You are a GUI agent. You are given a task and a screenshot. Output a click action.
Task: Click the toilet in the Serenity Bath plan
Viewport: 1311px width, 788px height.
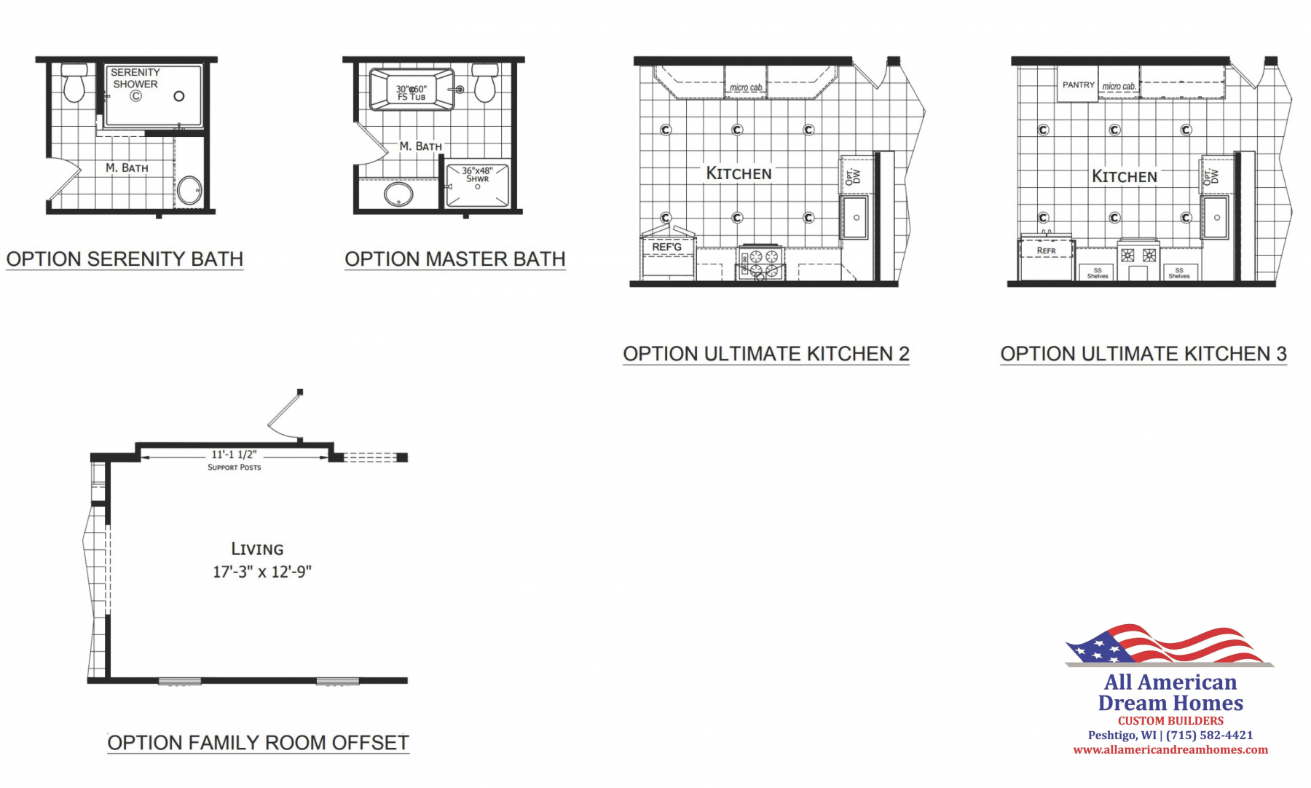pyautogui.click(x=74, y=83)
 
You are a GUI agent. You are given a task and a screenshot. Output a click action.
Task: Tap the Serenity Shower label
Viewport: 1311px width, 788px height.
pyautogui.click(x=135, y=78)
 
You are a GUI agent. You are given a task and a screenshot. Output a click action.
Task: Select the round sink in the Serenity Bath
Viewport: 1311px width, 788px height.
pyautogui.click(x=190, y=191)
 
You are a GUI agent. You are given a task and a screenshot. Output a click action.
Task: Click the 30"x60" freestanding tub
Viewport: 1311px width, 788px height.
pyautogui.click(x=412, y=90)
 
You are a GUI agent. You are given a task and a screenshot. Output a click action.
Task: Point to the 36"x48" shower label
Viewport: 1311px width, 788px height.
pyautogui.click(x=477, y=175)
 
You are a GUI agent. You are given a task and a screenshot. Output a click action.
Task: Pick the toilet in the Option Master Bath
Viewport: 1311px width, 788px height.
pyautogui.click(x=484, y=82)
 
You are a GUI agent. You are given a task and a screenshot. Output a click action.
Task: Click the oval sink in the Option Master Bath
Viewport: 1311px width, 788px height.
pyautogui.click(x=398, y=194)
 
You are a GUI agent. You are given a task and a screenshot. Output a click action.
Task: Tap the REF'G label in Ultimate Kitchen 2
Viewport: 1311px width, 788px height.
pyautogui.click(x=667, y=247)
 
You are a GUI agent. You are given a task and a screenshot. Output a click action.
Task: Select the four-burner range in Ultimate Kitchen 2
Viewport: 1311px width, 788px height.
pyautogui.click(x=762, y=263)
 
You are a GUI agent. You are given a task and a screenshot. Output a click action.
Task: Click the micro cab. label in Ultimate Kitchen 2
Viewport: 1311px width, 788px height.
pyautogui.click(x=747, y=87)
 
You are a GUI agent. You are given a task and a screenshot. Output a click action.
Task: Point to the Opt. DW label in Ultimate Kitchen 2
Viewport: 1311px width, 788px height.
pyautogui.click(x=852, y=176)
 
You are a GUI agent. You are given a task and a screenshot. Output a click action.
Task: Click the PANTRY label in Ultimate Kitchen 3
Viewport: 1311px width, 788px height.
pyautogui.click(x=1078, y=84)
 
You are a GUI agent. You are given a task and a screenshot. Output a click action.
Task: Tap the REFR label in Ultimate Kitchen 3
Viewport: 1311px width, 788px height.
pyautogui.click(x=1046, y=251)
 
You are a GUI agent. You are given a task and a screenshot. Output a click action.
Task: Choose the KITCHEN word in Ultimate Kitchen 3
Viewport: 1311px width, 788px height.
pyautogui.click(x=1124, y=176)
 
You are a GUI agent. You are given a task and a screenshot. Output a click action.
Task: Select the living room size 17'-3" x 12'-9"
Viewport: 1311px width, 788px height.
pyautogui.click(x=262, y=572)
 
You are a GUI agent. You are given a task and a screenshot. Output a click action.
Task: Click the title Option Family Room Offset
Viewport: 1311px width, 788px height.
pyautogui.click(x=258, y=743)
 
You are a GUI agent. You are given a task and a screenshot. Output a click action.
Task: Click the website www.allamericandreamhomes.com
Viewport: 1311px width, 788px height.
pyautogui.click(x=1170, y=749)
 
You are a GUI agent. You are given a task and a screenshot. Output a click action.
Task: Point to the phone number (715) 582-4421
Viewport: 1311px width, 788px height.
pyautogui.click(x=1210, y=735)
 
